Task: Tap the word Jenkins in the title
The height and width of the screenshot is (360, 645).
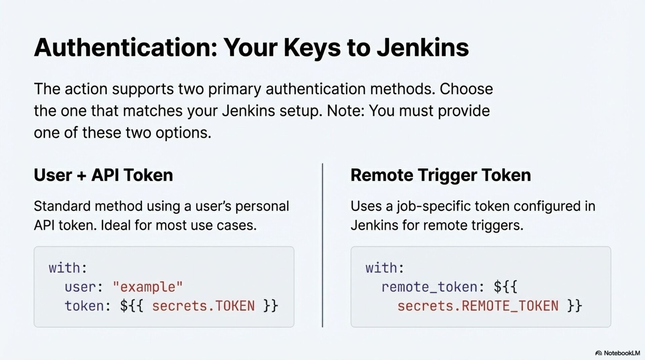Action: [422, 48]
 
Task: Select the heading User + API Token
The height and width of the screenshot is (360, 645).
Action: [103, 175]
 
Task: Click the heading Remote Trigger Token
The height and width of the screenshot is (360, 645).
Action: [440, 175]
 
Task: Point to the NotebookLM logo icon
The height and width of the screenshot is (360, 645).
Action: [598, 353]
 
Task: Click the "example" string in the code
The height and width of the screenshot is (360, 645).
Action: [147, 287]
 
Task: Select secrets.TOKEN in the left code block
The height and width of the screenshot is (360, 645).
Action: [203, 306]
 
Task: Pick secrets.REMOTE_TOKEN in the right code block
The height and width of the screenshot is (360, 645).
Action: [478, 306]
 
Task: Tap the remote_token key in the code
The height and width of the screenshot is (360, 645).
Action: [429, 287]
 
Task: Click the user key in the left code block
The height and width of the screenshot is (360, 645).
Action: [80, 287]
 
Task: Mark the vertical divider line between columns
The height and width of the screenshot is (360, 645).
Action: [322, 245]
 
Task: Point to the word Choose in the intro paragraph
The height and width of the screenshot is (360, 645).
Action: [466, 89]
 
